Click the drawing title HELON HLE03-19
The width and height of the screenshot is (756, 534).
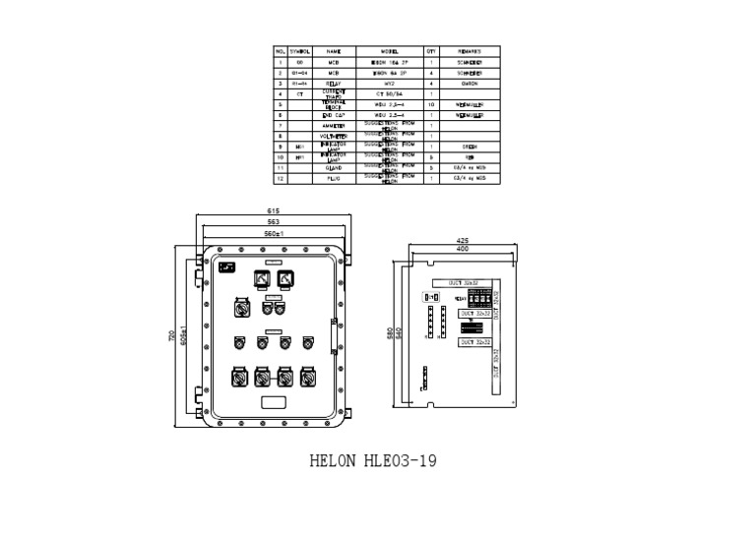(373, 459)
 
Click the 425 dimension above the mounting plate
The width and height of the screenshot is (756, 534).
(461, 240)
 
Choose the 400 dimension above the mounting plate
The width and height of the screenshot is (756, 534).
(461, 250)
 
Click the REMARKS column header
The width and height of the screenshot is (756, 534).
(470, 50)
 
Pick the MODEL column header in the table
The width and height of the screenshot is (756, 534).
(388, 50)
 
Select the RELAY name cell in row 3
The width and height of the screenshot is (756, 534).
(333, 84)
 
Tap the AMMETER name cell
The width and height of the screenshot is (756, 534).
(333, 126)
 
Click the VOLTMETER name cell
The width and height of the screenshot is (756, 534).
(333, 137)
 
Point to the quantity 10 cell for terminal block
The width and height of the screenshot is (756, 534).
(431, 104)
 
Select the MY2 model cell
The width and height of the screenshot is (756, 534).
(388, 84)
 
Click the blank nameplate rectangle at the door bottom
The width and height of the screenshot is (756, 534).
(273, 401)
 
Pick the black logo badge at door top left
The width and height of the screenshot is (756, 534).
(226, 267)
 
